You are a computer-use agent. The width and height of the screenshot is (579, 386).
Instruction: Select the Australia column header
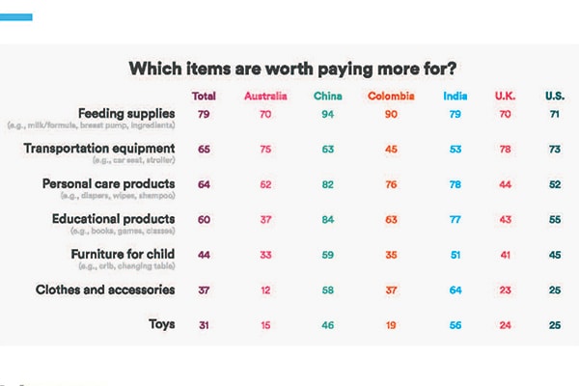pos(264,96)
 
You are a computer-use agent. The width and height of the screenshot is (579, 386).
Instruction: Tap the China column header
pos(328,96)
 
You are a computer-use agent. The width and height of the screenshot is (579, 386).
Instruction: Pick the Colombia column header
pos(391,96)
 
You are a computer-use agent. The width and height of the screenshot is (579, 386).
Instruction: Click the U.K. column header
pos(506,96)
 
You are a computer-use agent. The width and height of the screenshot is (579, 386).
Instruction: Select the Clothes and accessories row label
pos(105,289)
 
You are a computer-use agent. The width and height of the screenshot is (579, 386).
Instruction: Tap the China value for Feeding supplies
pos(328,114)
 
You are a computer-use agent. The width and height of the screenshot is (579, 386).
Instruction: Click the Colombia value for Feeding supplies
pos(391,114)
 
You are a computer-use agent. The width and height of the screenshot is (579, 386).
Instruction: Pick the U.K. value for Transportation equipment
pos(506,149)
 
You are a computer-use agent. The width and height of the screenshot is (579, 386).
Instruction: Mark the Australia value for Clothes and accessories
pos(264,289)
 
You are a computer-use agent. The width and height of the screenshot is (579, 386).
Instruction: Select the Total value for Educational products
pos(204,219)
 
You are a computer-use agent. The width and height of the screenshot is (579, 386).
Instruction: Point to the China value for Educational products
pos(328,219)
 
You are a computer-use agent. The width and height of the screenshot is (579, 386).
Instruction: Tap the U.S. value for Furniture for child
pos(554,254)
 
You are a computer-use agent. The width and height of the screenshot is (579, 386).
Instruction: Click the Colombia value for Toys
pos(391,324)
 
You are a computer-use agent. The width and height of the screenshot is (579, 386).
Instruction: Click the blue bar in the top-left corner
pos(16,16)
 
